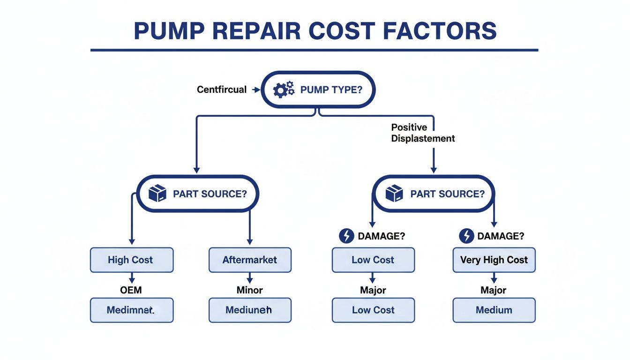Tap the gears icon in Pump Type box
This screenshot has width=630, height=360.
point(283,90)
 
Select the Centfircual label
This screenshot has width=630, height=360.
point(222,90)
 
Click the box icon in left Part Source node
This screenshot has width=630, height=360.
point(157,193)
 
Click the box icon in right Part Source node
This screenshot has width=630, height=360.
point(394,193)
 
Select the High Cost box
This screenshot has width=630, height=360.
point(131,260)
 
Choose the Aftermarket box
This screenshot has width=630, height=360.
point(250,260)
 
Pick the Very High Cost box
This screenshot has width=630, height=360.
point(494,260)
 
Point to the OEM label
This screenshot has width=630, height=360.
point(131,290)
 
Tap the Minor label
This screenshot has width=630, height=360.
point(249,290)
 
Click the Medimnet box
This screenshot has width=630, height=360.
point(131,310)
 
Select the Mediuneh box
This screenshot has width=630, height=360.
point(249,310)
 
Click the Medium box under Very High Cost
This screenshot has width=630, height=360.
point(494,310)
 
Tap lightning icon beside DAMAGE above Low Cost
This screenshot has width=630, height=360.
point(346,236)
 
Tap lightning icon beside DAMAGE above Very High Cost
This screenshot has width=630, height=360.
point(466,236)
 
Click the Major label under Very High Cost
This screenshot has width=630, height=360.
point(494,290)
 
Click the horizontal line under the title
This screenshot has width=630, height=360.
point(314,50)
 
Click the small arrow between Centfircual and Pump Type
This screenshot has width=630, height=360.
point(255,90)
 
